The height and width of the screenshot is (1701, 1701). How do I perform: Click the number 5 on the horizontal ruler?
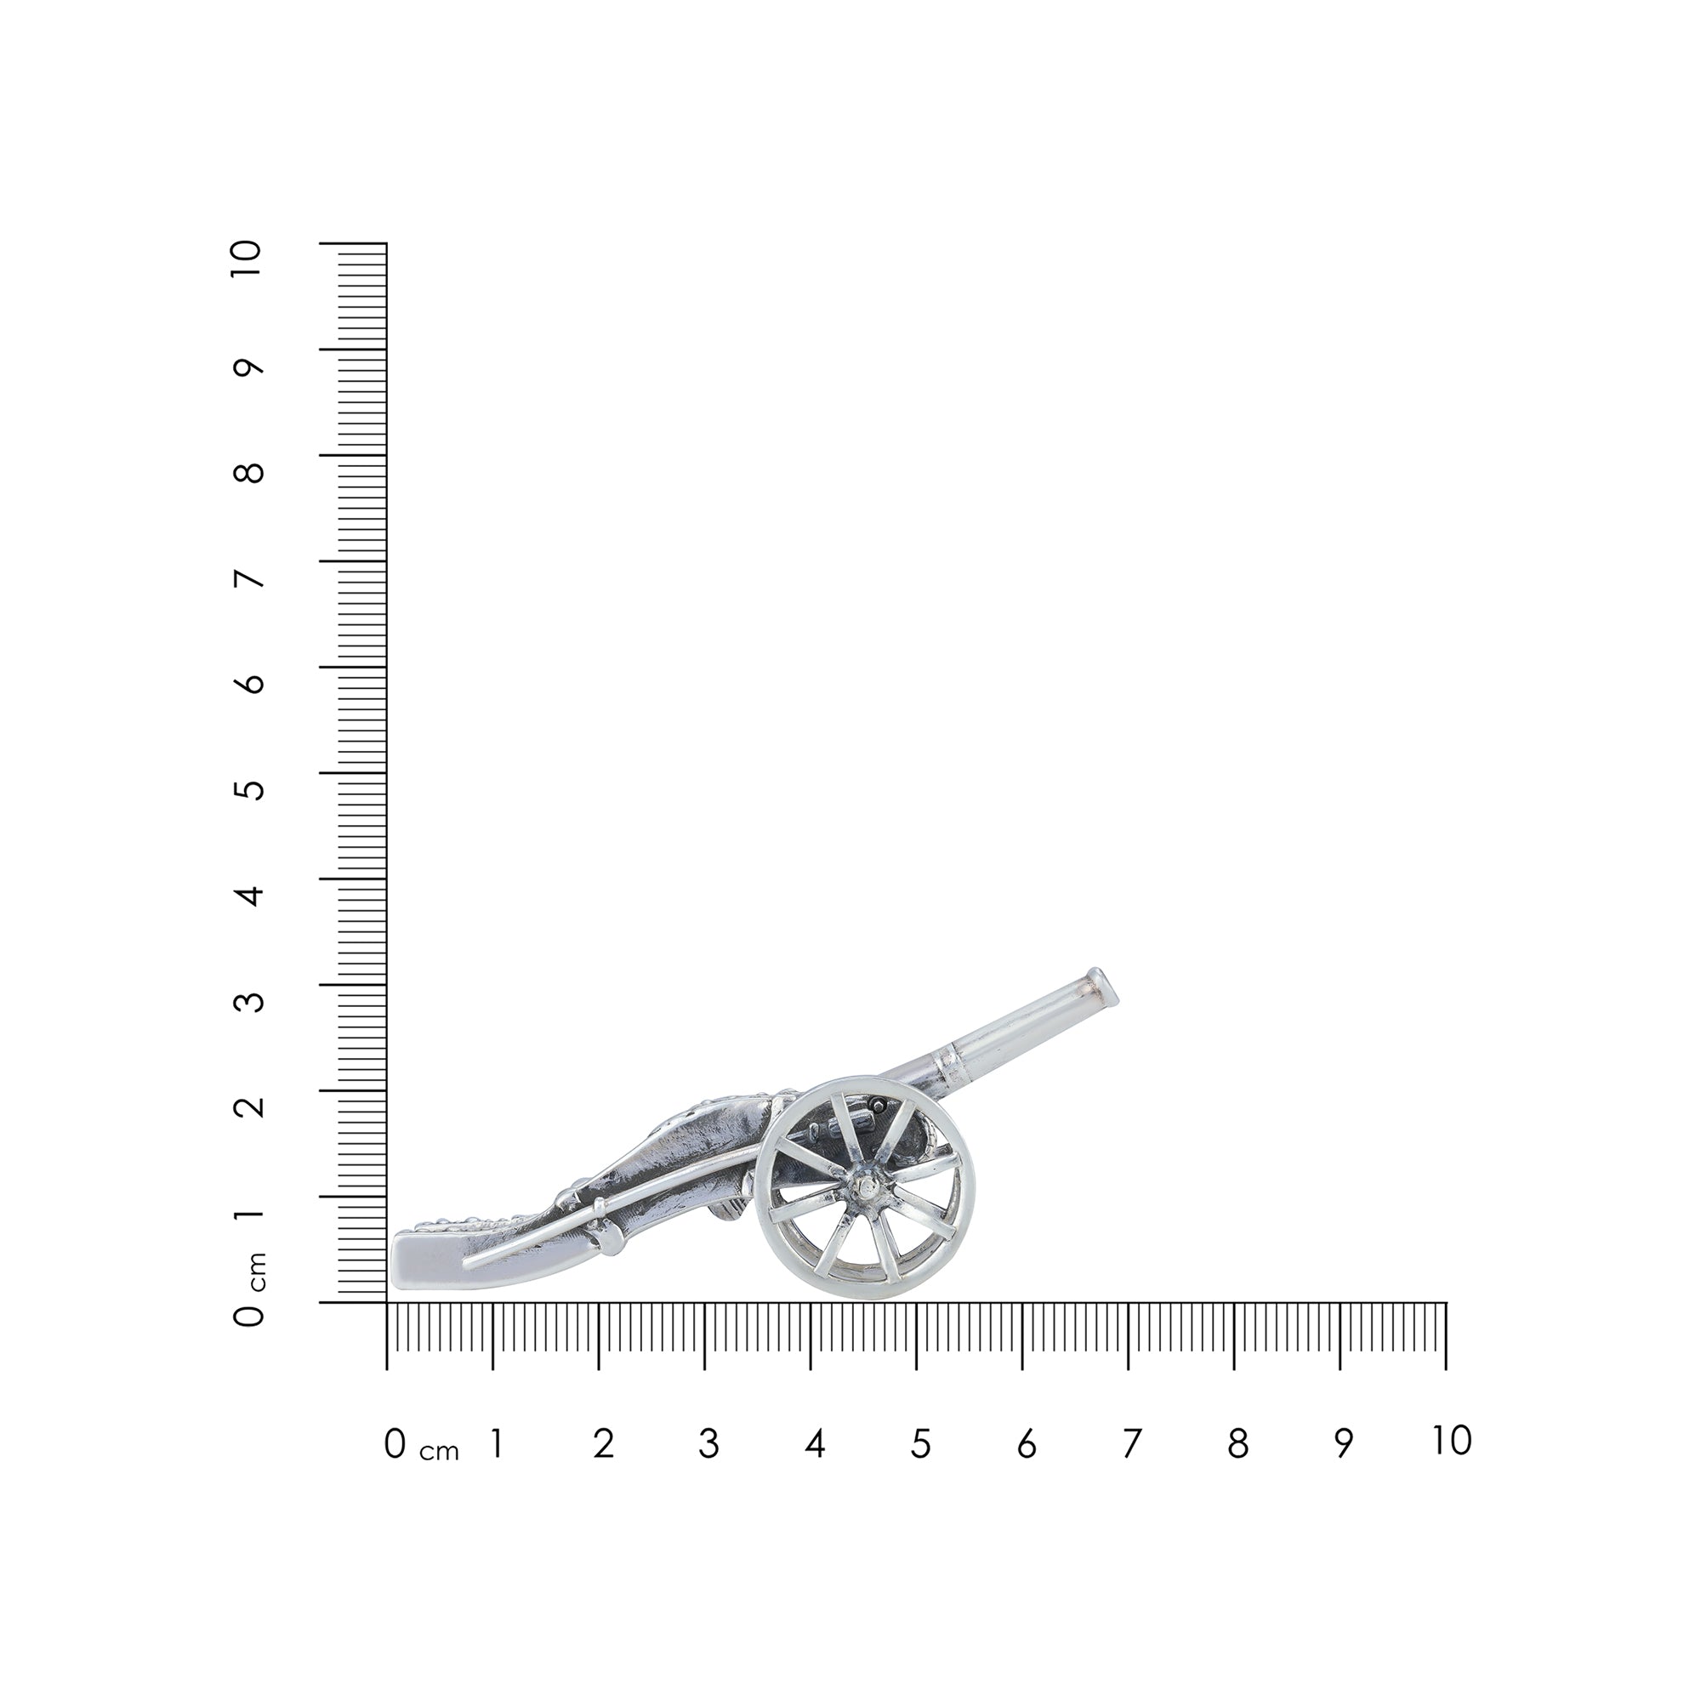(920, 1444)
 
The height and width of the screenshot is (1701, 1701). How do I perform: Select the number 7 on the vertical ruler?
(251, 578)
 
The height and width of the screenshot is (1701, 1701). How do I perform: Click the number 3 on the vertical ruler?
(251, 1001)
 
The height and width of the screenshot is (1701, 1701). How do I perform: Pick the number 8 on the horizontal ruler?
(1237, 1444)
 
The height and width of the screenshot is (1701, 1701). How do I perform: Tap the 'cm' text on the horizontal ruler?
(440, 1452)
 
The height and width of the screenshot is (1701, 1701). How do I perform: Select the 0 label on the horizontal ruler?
(395, 1444)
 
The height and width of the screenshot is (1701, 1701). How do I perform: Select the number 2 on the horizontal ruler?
(603, 1444)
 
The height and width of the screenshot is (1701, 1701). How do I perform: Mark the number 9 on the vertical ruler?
(251, 367)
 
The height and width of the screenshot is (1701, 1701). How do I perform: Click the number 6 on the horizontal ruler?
(1027, 1444)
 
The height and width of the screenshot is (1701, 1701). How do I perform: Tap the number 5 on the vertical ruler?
(251, 789)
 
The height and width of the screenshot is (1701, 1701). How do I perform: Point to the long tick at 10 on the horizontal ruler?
(1446, 1336)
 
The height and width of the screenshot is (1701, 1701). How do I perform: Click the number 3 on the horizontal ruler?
(708, 1444)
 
